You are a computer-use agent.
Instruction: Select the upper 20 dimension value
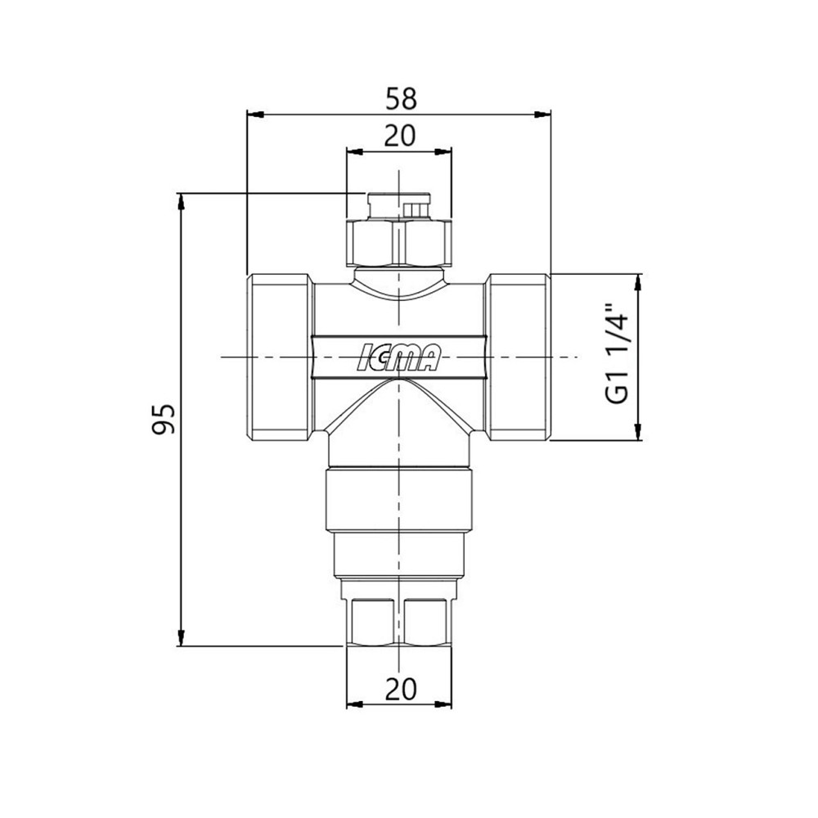click(x=400, y=136)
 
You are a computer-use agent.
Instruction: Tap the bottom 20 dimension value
click(x=401, y=689)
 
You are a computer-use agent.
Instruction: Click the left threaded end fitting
click(x=280, y=357)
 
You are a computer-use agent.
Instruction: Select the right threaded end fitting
click(x=518, y=357)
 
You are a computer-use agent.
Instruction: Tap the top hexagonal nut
click(x=399, y=243)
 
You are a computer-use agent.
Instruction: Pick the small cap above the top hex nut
click(x=399, y=206)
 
